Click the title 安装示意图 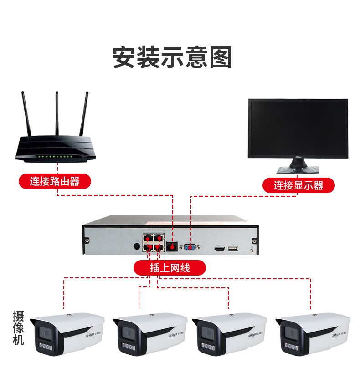(172, 58)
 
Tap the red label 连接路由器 (55, 181)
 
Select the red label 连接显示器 (298, 185)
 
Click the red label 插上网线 (170, 268)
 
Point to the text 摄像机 (18, 328)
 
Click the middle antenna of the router (57, 114)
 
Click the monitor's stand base (298, 169)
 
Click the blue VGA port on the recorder (190, 248)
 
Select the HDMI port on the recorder (220, 249)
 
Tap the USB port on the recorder (233, 249)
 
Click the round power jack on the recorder (136, 246)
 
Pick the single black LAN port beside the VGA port (173, 246)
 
